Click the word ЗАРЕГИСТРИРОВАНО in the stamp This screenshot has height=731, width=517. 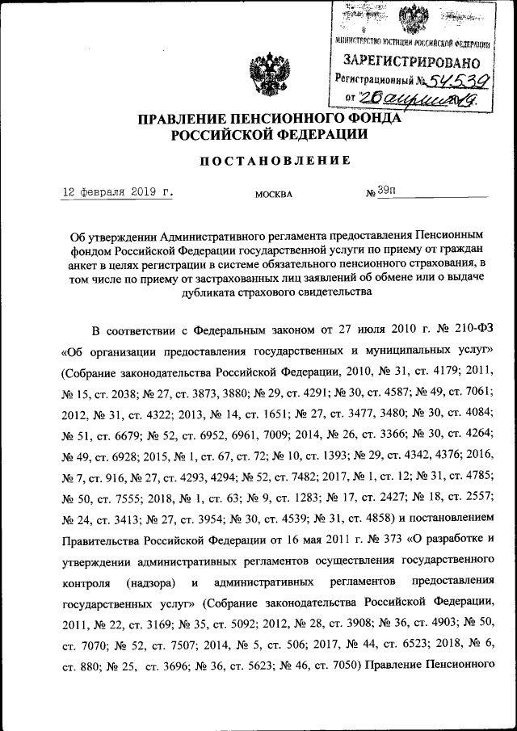tap(412, 61)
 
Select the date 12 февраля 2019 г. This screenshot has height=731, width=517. tap(119, 193)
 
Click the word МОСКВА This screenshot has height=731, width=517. tap(274, 195)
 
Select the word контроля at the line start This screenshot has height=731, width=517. tap(84, 582)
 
